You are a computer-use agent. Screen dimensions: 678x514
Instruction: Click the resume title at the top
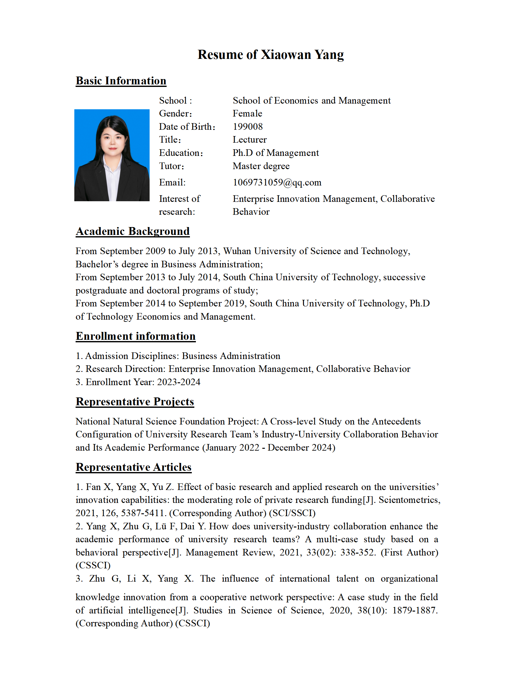click(271, 54)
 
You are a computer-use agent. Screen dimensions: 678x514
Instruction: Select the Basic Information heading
click(121, 81)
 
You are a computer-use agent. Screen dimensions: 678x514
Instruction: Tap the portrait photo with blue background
click(112, 155)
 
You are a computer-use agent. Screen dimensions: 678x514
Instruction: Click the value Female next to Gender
click(247, 113)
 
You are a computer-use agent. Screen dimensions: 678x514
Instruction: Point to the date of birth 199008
click(248, 127)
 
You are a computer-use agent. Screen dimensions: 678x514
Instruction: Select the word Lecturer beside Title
click(249, 140)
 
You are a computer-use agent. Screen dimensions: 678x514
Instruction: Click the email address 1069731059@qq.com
click(277, 182)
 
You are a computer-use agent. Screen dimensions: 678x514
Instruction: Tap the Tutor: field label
click(171, 166)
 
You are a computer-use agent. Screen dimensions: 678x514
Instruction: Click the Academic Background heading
click(133, 231)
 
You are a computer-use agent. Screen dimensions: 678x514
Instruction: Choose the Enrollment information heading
click(135, 336)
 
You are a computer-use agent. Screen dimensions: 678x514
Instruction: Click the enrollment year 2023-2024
click(179, 382)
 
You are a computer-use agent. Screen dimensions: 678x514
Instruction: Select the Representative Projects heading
click(135, 402)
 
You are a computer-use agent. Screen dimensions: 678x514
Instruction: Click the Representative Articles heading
click(134, 467)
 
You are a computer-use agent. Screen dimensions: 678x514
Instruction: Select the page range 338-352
click(358, 552)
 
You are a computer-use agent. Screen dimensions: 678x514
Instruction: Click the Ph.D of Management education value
click(276, 153)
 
